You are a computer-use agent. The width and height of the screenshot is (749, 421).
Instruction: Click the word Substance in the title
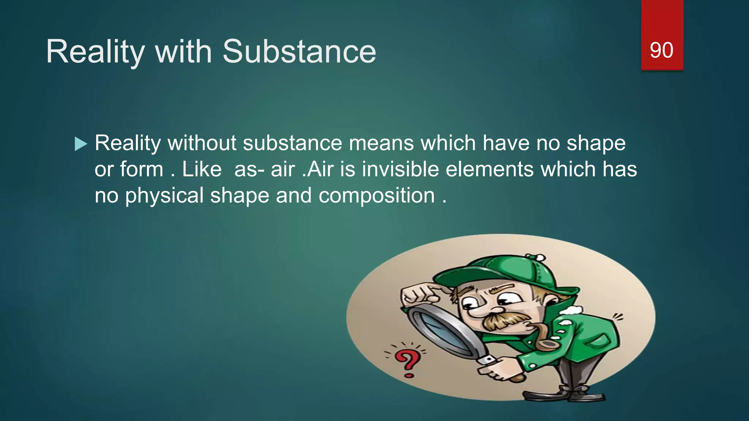(299, 52)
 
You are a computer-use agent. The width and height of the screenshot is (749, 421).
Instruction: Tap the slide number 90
(661, 50)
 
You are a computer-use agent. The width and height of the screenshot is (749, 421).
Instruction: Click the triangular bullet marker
(80, 144)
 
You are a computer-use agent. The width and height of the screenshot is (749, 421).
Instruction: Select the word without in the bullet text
(202, 143)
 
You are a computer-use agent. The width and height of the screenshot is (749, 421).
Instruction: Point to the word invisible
(400, 169)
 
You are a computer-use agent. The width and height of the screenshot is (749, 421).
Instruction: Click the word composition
(376, 196)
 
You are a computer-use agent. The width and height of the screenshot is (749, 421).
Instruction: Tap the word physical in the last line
(164, 196)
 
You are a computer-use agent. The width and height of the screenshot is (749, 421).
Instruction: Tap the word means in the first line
(381, 143)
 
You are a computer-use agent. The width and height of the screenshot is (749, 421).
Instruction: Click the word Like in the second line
(202, 169)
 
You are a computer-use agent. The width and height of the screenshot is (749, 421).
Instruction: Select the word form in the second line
(142, 169)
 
